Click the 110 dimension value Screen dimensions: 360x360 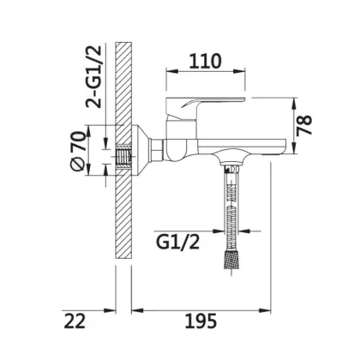[x=205, y=61]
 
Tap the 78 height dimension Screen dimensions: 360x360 [x=304, y=125]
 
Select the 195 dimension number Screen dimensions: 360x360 [x=201, y=321]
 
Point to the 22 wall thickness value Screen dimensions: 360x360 [x=75, y=321]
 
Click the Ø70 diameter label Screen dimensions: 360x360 [x=79, y=151]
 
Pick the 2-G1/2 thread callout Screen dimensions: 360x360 [x=93, y=76]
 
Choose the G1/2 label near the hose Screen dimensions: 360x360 [x=177, y=243]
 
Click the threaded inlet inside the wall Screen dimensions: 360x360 [x=123, y=157]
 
